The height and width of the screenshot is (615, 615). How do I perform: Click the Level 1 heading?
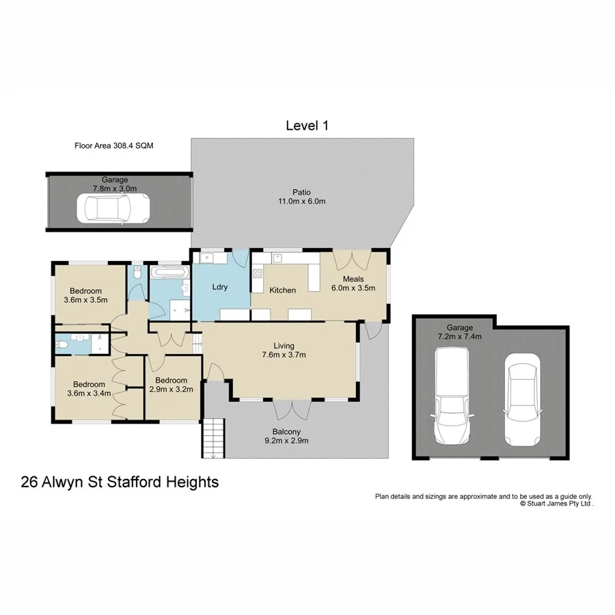click(307, 126)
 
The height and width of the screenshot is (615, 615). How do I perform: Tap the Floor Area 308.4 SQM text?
click(118, 146)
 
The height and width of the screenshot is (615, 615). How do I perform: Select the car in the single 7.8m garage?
click(113, 208)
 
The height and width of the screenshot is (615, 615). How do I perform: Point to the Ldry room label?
click(219, 287)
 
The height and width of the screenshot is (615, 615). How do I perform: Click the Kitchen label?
click(282, 290)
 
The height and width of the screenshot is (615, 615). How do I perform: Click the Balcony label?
click(286, 431)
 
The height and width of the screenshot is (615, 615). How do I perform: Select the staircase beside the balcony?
click(214, 438)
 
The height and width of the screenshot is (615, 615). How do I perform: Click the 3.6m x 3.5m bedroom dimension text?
click(86, 299)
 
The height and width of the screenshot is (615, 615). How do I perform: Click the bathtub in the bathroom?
click(167, 273)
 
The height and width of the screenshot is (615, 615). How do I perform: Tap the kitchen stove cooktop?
click(258, 274)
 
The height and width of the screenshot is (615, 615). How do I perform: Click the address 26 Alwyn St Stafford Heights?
click(120, 482)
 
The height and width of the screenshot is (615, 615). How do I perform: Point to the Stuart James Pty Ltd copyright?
click(556, 503)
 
